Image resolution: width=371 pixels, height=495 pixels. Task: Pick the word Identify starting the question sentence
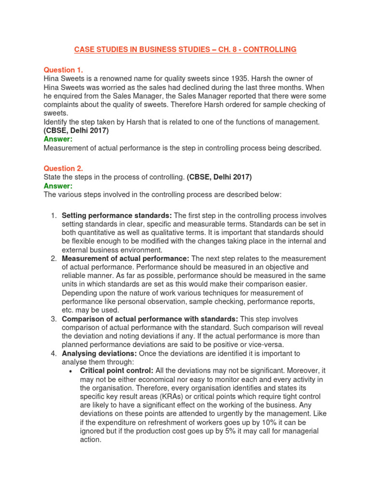pos(57,122)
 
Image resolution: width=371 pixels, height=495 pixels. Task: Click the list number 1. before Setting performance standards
pos(54,215)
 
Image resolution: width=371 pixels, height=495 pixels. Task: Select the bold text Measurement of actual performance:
pos(126,259)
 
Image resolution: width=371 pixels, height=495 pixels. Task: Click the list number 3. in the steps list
pos(54,319)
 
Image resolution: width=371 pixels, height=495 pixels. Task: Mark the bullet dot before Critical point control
pos(71,371)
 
